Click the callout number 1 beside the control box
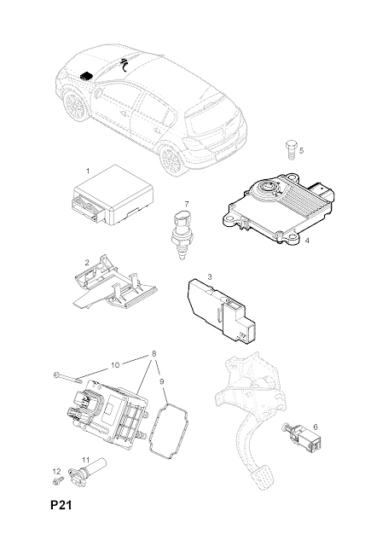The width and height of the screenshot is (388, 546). pos(88,171)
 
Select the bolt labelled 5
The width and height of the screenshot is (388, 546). pos(292,150)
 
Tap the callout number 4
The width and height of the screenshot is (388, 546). pos(307,241)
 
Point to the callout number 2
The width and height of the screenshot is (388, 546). pos(87,263)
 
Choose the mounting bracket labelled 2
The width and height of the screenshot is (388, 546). pos(115,282)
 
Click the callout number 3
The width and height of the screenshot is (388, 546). pos(210,276)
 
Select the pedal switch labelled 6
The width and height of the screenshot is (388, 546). pos(303,437)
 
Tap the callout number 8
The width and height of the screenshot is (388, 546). pos(153,353)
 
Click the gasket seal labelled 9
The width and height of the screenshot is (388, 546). pos(169,432)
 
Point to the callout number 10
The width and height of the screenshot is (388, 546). pos(115,365)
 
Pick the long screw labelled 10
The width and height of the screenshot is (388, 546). pos(68,377)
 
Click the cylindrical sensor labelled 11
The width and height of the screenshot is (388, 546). pos(89,469)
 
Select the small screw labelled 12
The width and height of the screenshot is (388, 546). pos(58,480)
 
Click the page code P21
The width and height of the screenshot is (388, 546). pos(61,505)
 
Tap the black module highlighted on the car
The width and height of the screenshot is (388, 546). pos(86,75)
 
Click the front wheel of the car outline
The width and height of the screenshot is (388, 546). pos(74,105)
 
